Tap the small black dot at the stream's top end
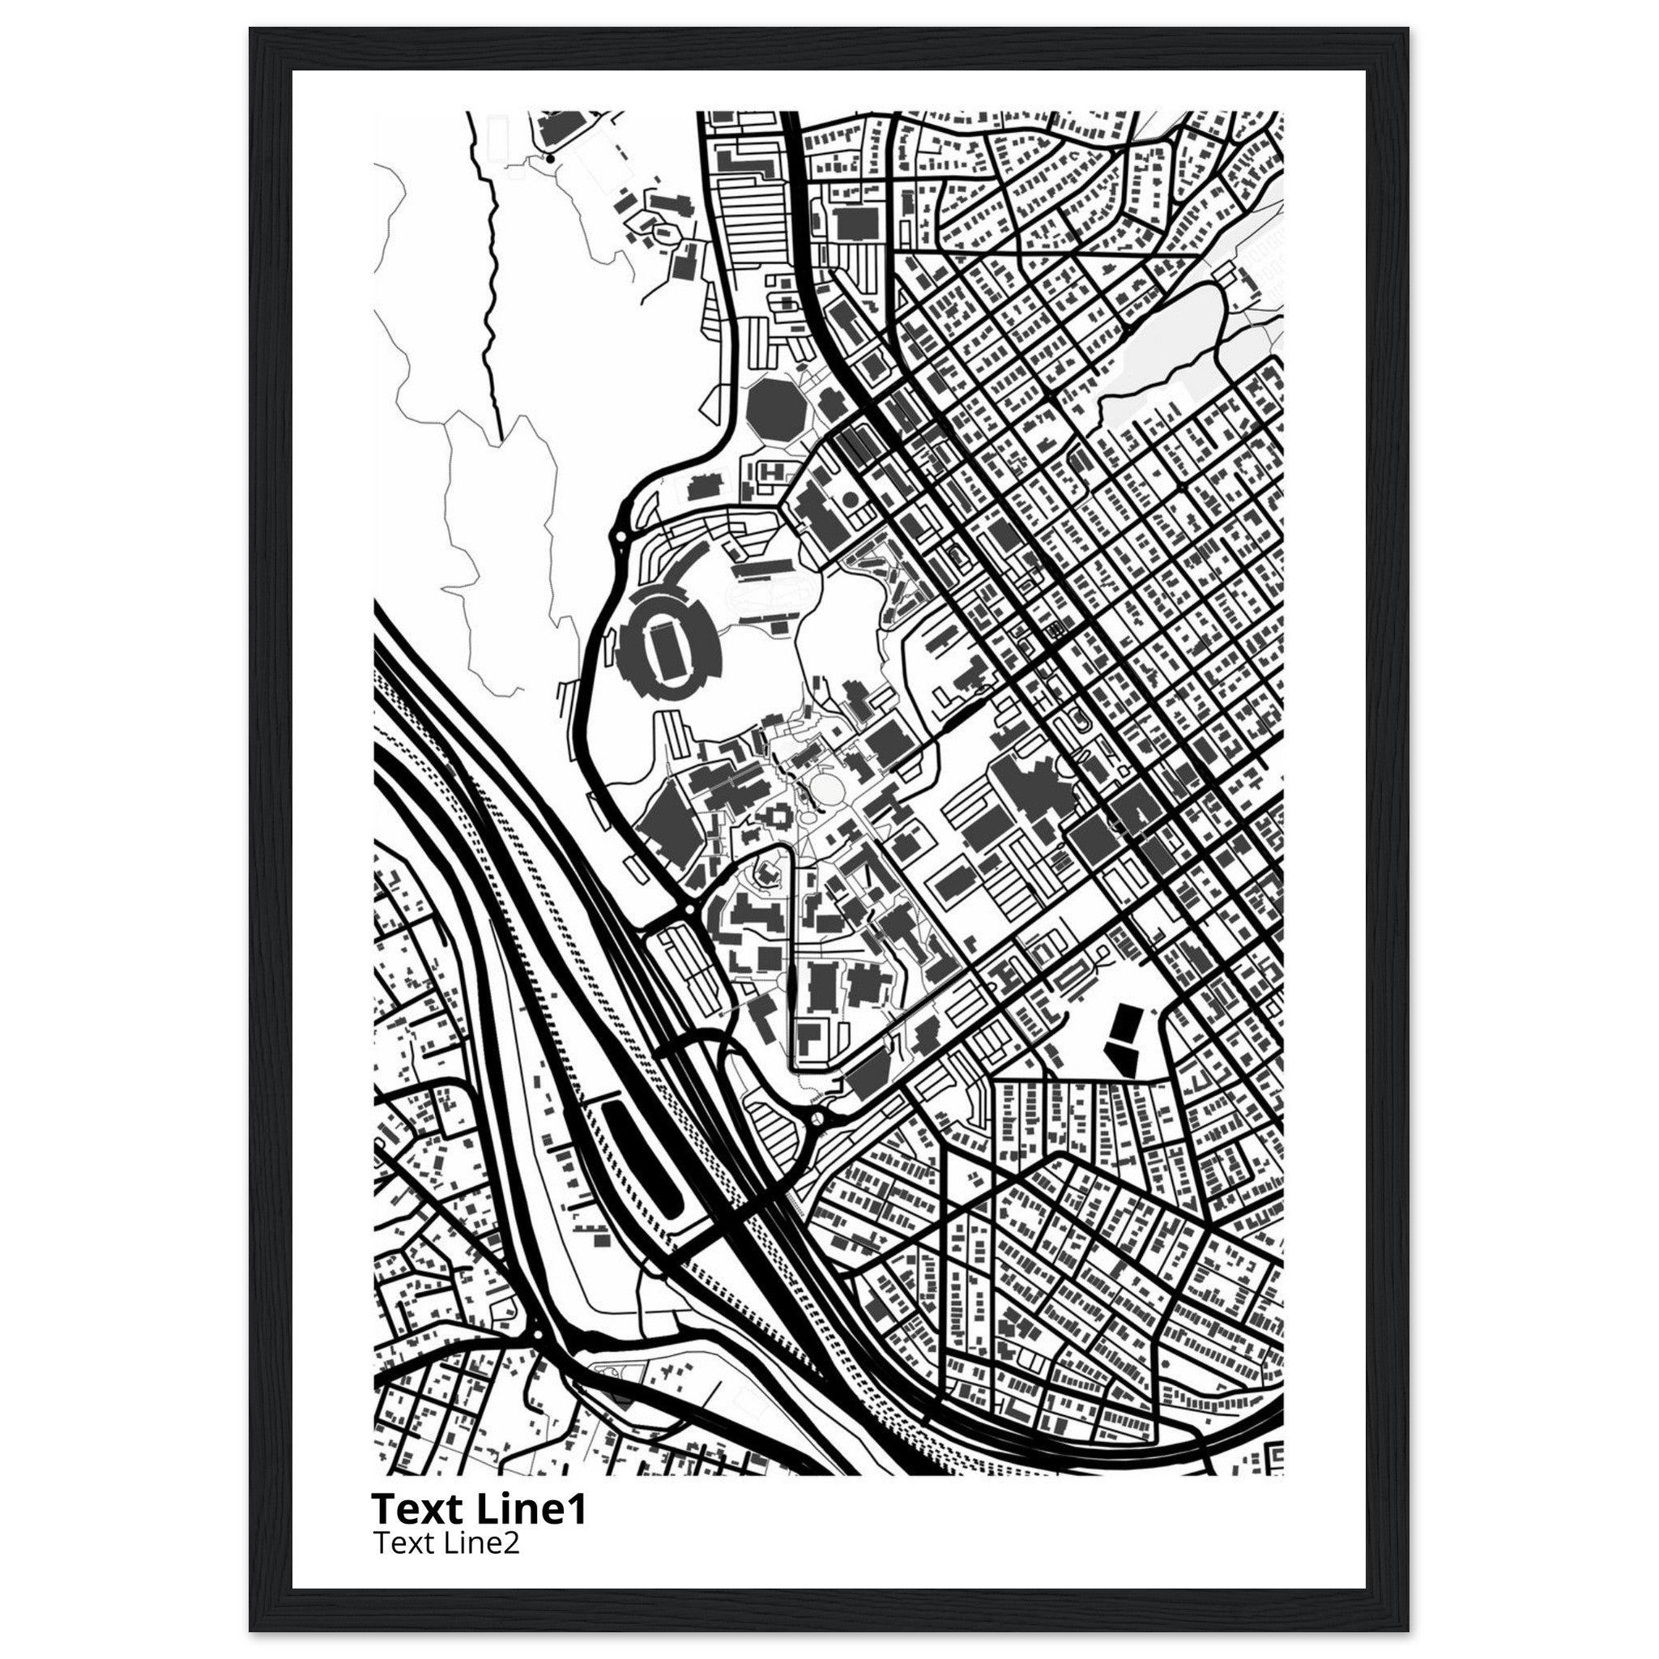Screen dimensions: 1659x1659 549,158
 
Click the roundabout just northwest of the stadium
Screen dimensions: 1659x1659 620,538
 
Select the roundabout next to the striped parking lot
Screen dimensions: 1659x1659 817,1119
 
